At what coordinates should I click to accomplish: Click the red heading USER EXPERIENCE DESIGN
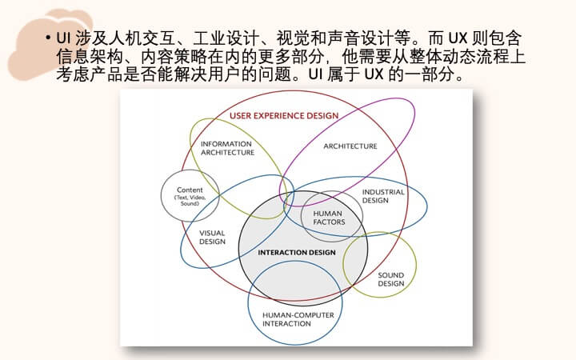pos(284,116)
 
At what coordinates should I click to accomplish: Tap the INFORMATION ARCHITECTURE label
pos(227,148)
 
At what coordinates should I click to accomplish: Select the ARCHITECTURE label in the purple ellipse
pos(350,146)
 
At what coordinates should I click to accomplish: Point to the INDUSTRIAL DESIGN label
pos(382,196)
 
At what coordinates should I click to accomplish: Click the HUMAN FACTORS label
pos(329,218)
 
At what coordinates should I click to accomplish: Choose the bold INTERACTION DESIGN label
pos(297,252)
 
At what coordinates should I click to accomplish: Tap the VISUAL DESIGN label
pos(212,238)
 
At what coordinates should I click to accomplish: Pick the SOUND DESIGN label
pos(391,279)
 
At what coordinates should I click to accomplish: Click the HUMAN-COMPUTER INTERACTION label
pos(298,319)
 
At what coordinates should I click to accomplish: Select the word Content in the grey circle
pos(190,190)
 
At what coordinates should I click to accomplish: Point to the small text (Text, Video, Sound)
pos(190,200)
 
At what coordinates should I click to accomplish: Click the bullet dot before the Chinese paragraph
pos(48,38)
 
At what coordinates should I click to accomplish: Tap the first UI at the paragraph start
pos(63,38)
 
